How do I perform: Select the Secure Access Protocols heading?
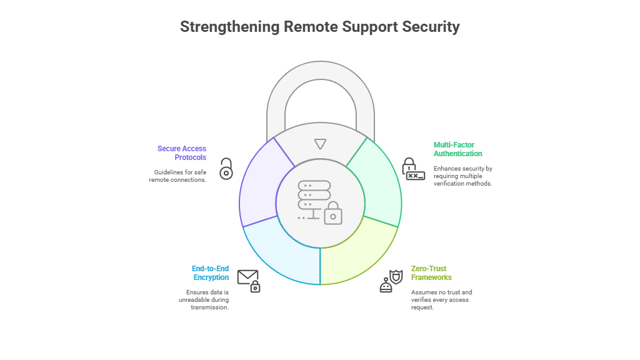click(x=182, y=153)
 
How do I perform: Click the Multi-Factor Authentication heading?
click(x=458, y=149)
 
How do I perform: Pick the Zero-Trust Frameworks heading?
click(x=431, y=273)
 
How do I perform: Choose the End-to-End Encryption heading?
click(x=210, y=273)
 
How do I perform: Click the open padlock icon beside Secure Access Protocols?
click(x=226, y=169)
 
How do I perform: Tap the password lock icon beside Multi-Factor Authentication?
click(x=412, y=169)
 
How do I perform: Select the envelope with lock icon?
click(x=249, y=281)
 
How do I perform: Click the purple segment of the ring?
click(x=260, y=187)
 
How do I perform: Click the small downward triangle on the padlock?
click(x=320, y=144)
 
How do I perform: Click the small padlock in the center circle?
click(x=333, y=213)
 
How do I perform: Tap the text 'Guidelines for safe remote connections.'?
click(x=177, y=176)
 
